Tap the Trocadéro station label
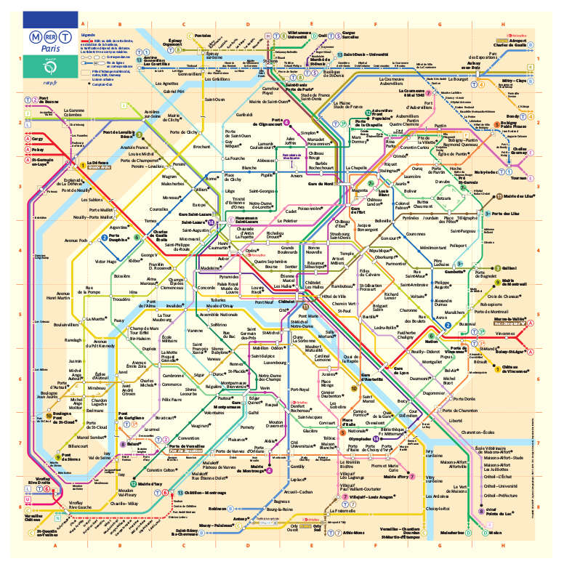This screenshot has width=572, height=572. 121,299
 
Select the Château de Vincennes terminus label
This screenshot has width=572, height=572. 515,370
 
